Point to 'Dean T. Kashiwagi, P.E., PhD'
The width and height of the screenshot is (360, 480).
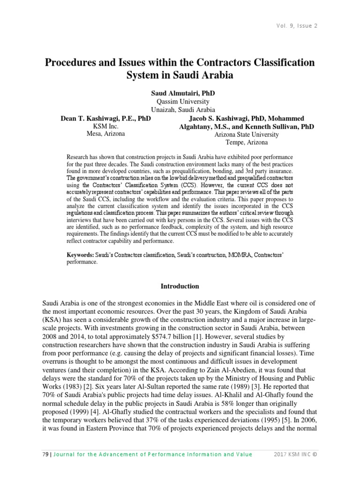pyautogui.click(x=106, y=119)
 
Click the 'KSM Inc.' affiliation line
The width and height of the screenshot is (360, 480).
pyautogui.click(x=106, y=126)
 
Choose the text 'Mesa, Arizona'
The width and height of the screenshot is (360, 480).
pyautogui.click(x=106, y=134)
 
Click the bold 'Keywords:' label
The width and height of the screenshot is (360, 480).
pyautogui.click(x=80, y=255)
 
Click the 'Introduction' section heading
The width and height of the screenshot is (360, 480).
pyautogui.click(x=180, y=286)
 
